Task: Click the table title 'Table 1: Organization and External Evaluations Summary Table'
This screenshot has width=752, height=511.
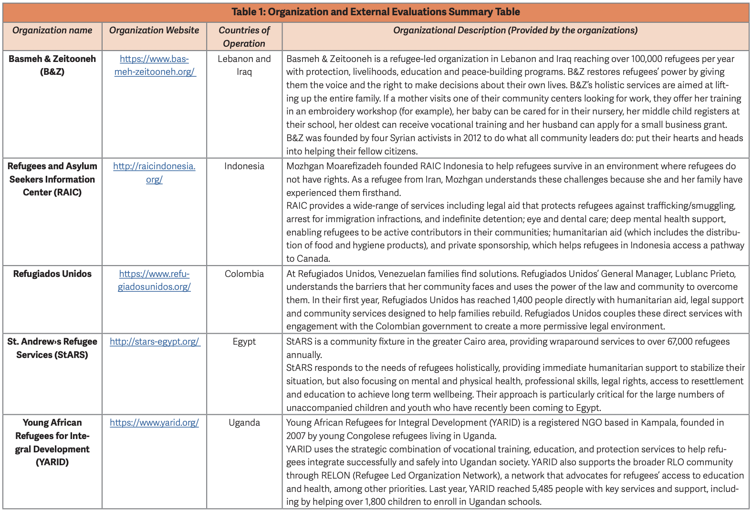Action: pos(376,12)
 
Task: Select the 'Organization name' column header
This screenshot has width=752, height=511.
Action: pos(52,31)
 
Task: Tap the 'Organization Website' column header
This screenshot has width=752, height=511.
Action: pos(154,31)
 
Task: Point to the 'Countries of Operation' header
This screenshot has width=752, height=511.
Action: pos(244,37)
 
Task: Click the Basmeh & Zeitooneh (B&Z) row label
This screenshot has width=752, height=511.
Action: pos(52,65)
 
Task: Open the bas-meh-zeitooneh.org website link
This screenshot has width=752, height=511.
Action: pos(155,65)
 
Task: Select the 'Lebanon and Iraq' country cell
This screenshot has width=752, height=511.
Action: pos(244,65)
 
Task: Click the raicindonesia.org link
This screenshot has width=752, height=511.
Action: pos(154,173)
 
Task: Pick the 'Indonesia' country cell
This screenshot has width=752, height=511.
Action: pos(244,166)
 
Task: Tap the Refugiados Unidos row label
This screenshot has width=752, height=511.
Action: pos(52,274)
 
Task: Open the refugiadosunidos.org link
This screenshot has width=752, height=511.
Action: pos(154,280)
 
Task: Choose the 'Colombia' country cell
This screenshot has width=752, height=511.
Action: pos(244,274)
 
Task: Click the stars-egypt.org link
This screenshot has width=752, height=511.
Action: pos(155,342)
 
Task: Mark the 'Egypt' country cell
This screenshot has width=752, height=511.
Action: pos(244,342)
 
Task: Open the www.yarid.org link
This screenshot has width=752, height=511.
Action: pos(154,423)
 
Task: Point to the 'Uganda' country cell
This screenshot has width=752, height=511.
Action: pos(244,423)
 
